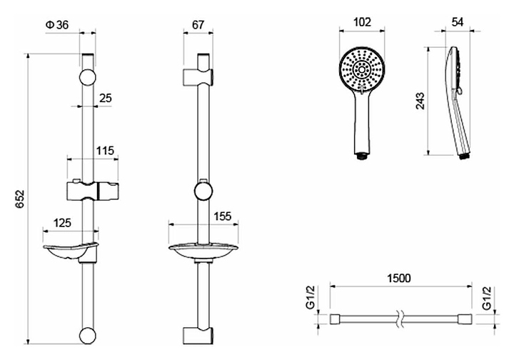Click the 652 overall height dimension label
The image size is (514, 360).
click(21, 199)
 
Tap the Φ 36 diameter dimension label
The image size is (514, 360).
click(57, 25)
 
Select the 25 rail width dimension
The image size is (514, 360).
click(106, 98)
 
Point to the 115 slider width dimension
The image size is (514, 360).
click(105, 151)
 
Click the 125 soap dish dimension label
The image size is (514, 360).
click(62, 223)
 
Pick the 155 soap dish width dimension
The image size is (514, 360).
click(223, 216)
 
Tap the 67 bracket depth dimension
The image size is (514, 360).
click(198, 24)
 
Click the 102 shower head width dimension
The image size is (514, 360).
click(362, 22)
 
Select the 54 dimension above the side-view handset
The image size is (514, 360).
click(458, 22)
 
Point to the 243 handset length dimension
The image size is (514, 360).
click(420, 101)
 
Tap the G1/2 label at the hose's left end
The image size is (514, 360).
click(311, 297)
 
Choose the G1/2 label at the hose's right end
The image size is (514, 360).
click(487, 297)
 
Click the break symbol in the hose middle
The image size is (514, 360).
click(400, 319)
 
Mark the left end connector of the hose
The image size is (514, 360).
click(335, 319)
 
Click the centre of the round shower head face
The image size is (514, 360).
click(362, 70)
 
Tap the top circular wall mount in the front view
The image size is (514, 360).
click(88, 78)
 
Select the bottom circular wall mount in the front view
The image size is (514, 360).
click(88, 335)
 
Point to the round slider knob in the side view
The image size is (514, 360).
click(203, 191)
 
